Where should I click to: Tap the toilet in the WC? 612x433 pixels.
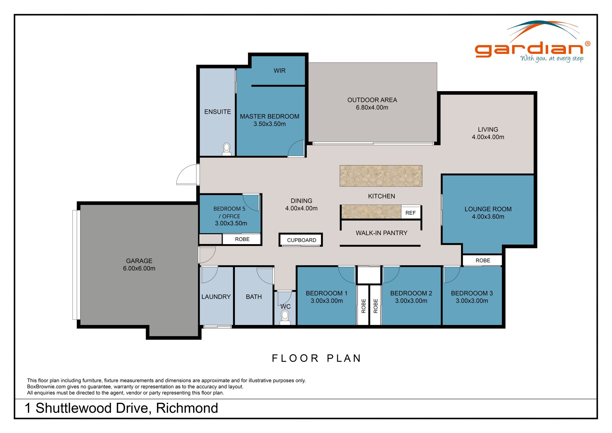(285, 317)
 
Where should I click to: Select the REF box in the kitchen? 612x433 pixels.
(410, 213)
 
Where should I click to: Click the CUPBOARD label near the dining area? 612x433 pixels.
(301, 240)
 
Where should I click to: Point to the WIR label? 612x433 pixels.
(279, 71)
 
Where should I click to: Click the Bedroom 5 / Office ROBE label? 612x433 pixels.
(242, 239)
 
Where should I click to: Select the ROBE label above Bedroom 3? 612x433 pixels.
(483, 261)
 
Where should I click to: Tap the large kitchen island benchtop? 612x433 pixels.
(381, 176)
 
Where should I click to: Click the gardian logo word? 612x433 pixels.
(529, 49)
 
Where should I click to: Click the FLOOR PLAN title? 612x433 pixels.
(316, 358)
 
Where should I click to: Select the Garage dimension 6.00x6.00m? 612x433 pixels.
(139, 269)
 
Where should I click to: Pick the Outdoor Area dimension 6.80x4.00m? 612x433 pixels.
(372, 107)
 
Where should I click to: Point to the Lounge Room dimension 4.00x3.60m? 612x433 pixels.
(488, 217)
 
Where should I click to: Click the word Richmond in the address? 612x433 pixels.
(187, 408)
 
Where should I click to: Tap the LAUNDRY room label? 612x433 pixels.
(216, 297)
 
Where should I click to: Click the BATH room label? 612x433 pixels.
(254, 297)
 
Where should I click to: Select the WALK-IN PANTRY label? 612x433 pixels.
(381, 233)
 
